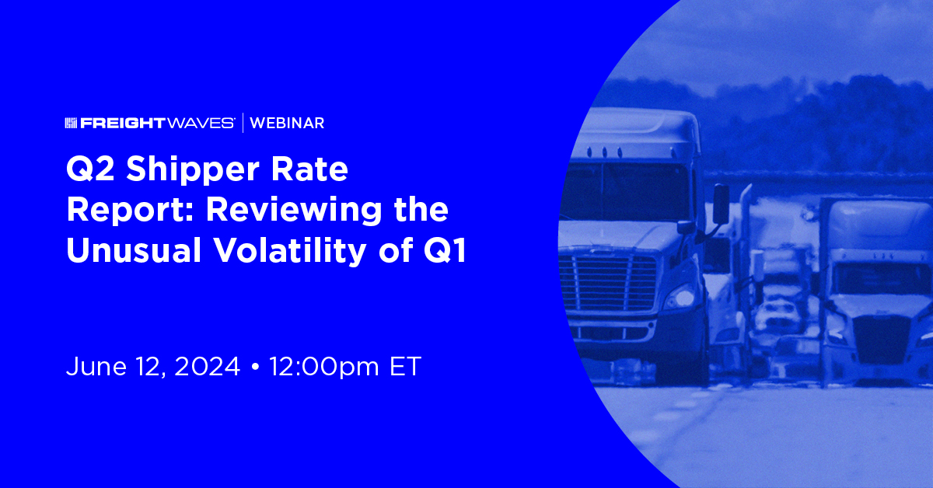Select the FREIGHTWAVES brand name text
pos(159,123)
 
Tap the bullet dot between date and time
pos(255,367)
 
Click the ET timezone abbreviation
pos(404,367)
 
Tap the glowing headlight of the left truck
pos(683,296)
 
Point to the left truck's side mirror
pos(721,204)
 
